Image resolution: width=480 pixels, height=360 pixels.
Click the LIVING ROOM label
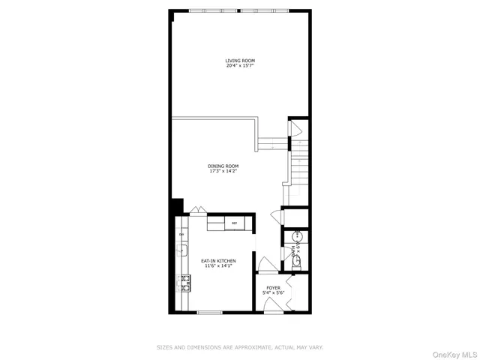[240, 61]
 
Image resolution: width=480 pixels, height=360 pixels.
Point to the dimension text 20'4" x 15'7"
[240, 65]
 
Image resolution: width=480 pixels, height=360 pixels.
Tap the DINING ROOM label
[223, 166]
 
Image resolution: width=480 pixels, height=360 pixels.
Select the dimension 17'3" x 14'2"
[223, 171]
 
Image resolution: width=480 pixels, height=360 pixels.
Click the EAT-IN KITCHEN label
[218, 260]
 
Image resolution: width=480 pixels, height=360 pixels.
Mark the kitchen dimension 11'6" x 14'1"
[218, 265]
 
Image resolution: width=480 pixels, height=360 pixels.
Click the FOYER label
[273, 287]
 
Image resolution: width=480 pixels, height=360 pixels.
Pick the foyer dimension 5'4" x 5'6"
[273, 292]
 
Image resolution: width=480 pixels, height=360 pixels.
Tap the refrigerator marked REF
[234, 223]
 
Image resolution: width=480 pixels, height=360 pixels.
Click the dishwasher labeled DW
[181, 234]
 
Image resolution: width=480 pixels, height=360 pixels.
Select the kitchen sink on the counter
[181, 250]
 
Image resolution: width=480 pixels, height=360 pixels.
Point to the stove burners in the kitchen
[183, 283]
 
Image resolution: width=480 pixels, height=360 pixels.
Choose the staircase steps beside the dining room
[298, 165]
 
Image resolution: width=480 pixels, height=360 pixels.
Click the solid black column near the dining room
[177, 206]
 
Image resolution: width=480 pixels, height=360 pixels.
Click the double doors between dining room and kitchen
[198, 211]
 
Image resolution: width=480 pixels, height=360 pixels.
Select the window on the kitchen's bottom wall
[209, 311]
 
